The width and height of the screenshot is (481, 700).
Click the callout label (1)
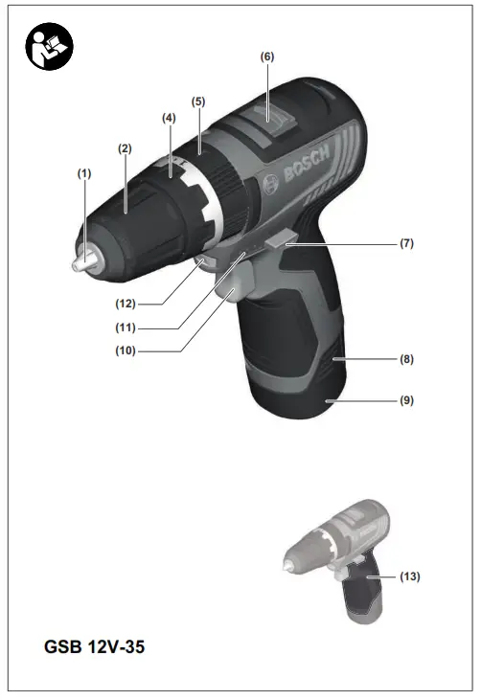84,173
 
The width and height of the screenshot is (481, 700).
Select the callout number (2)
125,148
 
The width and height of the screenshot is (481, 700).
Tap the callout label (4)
169,118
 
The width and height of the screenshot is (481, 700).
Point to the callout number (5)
198,101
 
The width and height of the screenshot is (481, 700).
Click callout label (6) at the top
267,56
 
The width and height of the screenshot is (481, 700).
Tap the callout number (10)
126,351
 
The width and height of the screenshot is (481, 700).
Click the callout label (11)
126,327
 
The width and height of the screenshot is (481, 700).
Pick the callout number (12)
126,305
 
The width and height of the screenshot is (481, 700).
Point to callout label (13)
409,576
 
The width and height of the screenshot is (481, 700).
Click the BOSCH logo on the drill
307,168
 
